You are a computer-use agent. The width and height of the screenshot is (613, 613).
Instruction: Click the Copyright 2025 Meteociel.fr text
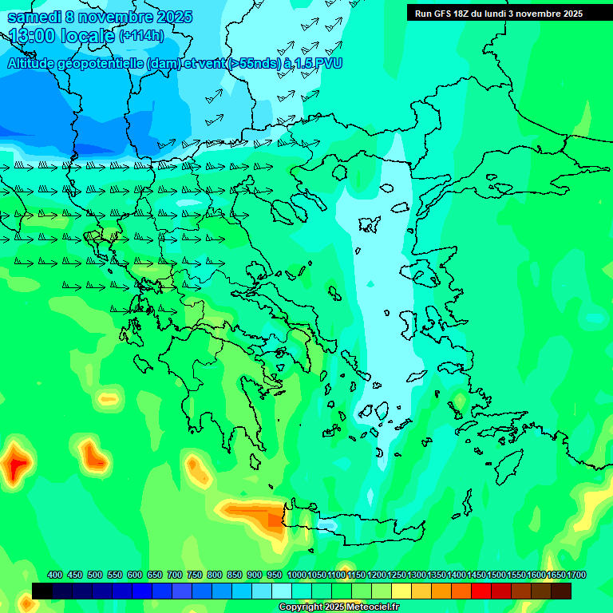pos(338,607)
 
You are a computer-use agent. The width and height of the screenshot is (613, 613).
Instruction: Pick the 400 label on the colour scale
pos(55,575)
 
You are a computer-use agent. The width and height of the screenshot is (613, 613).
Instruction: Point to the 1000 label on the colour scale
pos(296,575)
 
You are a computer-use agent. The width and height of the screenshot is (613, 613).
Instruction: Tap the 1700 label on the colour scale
pos(576,575)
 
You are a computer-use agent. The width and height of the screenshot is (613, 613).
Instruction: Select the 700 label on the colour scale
pos(175,575)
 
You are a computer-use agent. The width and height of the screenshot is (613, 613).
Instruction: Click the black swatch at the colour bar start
pos(42,591)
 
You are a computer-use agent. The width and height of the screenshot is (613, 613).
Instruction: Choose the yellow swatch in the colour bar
pos(401,591)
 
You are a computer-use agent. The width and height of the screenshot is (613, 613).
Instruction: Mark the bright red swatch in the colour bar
pos(481,591)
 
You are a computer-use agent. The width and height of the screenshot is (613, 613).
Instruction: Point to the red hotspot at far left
pos(15,464)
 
